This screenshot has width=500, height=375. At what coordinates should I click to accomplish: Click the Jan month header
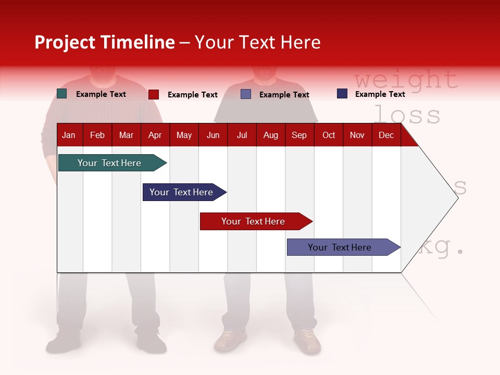coord(69,135)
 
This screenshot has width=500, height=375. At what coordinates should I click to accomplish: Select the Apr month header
coord(155,135)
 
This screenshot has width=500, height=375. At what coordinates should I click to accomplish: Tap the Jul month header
coord(242,135)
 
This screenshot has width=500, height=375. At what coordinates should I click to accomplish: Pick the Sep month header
coord(299,135)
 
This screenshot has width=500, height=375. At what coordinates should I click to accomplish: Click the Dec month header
coord(386,135)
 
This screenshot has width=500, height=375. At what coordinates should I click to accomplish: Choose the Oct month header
coord(329,135)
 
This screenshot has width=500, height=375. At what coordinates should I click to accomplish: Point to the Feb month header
coord(97,135)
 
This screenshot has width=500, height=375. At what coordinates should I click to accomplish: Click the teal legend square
coord(62,94)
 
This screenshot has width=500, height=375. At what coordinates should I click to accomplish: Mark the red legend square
coord(154,94)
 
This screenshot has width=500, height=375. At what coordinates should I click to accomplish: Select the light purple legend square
coord(246,94)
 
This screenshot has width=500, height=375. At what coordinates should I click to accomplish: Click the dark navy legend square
coord(342,94)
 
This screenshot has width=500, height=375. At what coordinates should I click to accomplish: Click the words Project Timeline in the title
coord(105,42)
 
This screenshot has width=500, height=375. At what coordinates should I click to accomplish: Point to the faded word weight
coord(406,80)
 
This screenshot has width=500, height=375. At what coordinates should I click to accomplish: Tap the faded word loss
coord(407,115)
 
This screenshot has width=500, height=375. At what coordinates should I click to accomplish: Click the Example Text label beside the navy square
coord(380,94)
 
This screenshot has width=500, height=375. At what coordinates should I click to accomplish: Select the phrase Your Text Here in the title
coord(258,42)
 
